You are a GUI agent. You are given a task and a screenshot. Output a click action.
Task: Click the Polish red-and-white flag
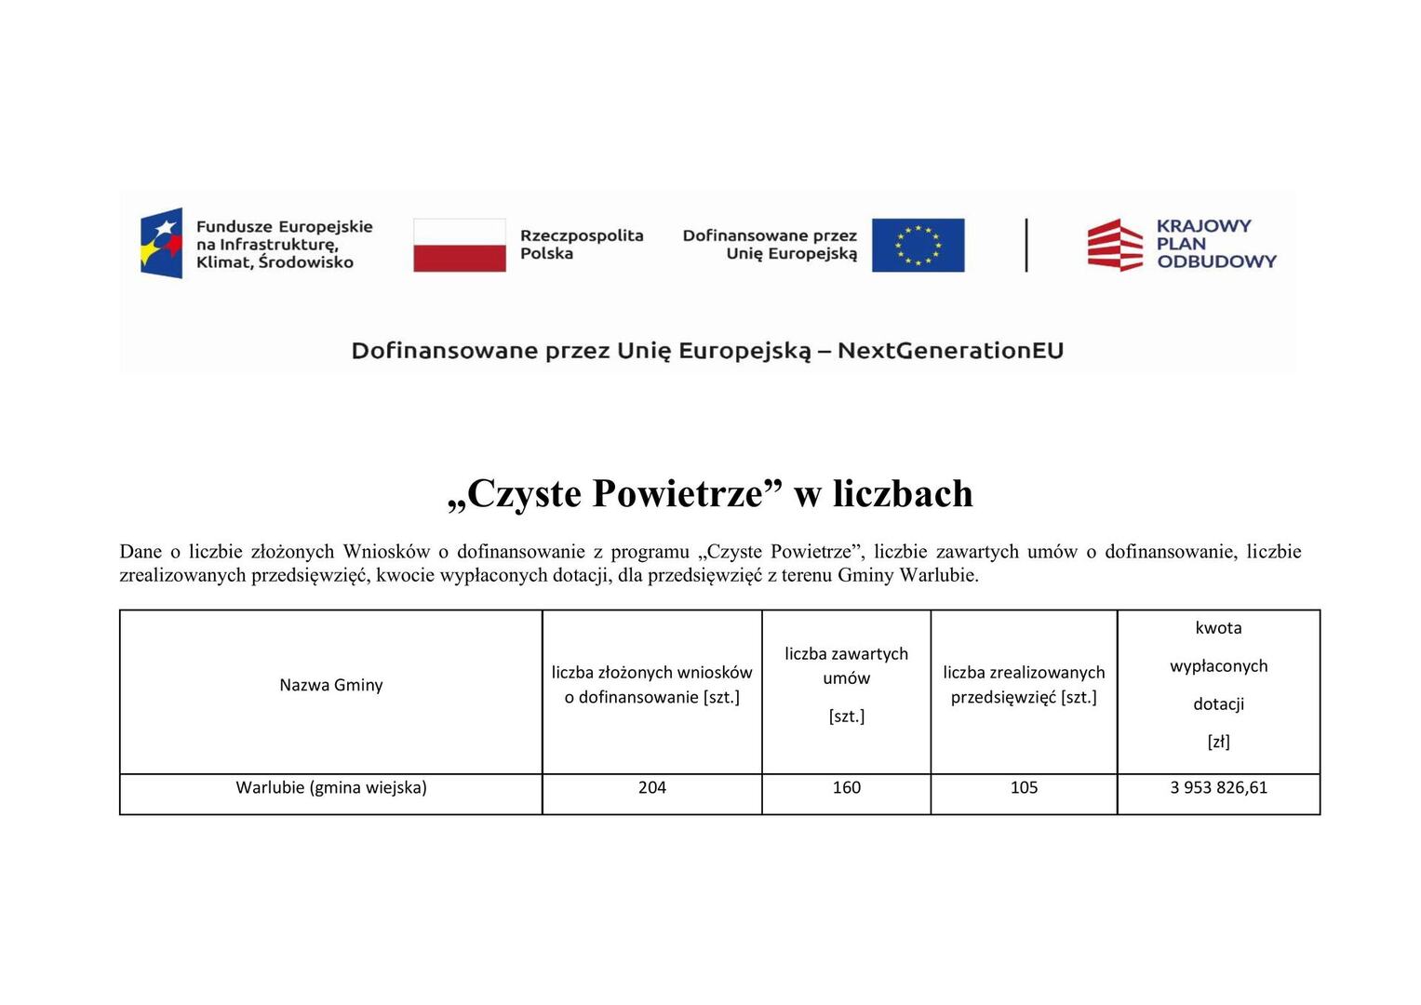coord(459,245)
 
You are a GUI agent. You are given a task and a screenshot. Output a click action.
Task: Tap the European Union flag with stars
coord(918,245)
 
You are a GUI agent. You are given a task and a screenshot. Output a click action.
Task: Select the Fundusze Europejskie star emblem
coord(162,243)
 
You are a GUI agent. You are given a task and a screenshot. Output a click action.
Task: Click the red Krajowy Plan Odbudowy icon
coord(1115,245)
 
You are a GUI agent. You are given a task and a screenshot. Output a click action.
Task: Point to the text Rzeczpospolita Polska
coord(581,245)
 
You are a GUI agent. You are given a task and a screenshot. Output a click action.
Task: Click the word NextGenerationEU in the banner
coord(949,351)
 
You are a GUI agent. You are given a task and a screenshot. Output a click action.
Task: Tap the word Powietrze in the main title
coord(677,493)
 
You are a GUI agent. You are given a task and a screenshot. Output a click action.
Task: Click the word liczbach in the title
coord(903,493)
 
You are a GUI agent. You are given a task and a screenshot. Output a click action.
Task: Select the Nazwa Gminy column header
coord(331,685)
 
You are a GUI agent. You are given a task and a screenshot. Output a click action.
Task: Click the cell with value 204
coord(652,787)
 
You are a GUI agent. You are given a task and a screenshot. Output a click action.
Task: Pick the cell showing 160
coord(846,787)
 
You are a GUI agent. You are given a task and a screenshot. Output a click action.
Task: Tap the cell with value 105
coord(1024,787)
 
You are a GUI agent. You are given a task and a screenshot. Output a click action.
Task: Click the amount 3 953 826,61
coord(1218,787)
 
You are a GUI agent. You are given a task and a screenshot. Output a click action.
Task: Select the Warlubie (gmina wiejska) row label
coord(331,787)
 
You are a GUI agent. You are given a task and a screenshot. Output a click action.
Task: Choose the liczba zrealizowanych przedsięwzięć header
coord(1024,684)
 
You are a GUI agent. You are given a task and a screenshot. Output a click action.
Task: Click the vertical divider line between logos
coord(1026,245)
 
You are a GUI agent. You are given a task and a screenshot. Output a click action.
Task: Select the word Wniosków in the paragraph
coord(385,552)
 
